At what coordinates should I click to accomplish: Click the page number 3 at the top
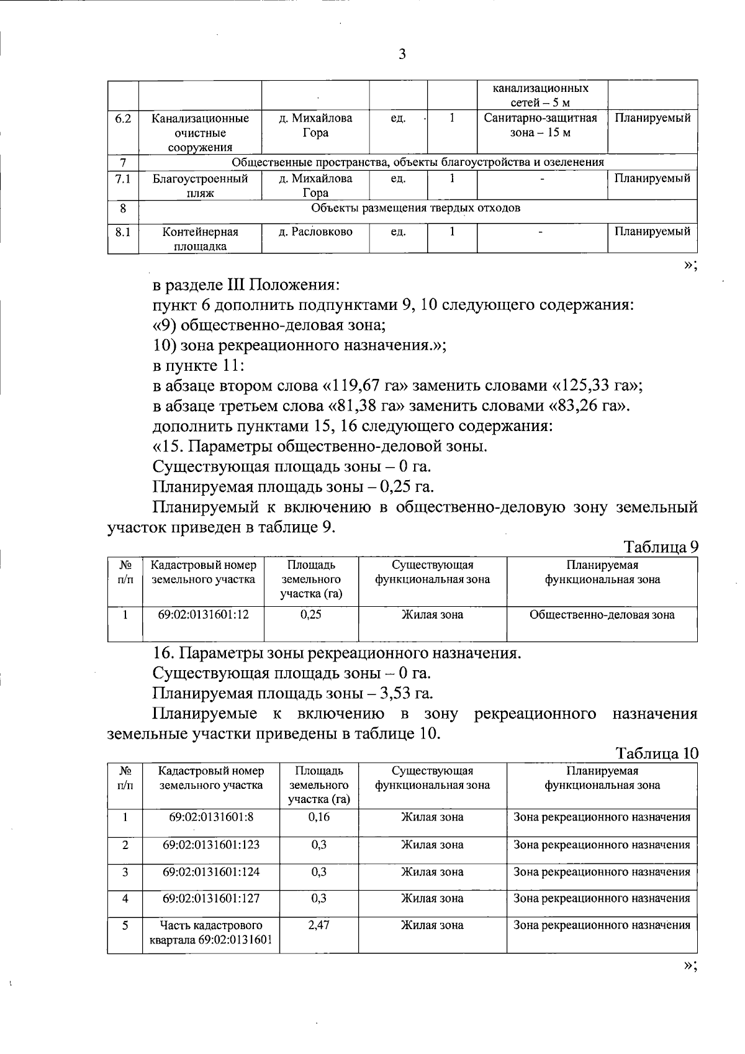click(x=402, y=54)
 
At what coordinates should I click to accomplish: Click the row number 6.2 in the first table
click(x=123, y=118)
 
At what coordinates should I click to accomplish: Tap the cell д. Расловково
click(x=315, y=232)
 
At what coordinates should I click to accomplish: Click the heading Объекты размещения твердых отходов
click(x=415, y=208)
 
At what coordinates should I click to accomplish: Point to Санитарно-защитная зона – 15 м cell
click(x=541, y=125)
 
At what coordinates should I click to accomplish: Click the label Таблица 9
click(x=661, y=547)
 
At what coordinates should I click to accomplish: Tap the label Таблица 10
click(x=657, y=753)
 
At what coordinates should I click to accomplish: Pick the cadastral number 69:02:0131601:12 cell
click(x=203, y=615)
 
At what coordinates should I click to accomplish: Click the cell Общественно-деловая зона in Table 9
click(x=602, y=615)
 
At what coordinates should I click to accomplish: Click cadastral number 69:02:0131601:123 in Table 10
click(x=211, y=845)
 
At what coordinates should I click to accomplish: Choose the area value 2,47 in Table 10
click(x=318, y=925)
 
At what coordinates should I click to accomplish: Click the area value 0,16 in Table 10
click(x=318, y=817)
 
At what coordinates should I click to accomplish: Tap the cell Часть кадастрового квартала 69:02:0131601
click(x=211, y=932)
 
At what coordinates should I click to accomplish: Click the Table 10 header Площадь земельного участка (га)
click(x=318, y=785)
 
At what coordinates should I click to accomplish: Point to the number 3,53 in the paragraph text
click(x=402, y=693)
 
